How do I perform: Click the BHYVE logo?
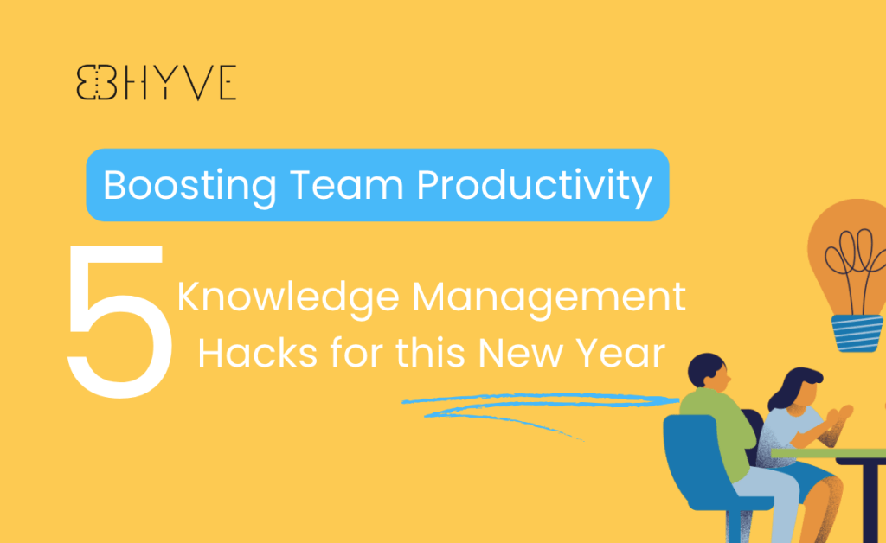(157, 82)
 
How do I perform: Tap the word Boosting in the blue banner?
(189, 186)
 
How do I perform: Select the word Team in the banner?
(346, 184)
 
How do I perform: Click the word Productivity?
(534, 186)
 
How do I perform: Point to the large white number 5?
(119, 321)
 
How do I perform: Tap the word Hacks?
(258, 354)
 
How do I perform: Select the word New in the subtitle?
(520, 354)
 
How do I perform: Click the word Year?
(620, 354)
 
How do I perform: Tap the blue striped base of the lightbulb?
(857, 333)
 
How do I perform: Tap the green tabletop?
(828, 453)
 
